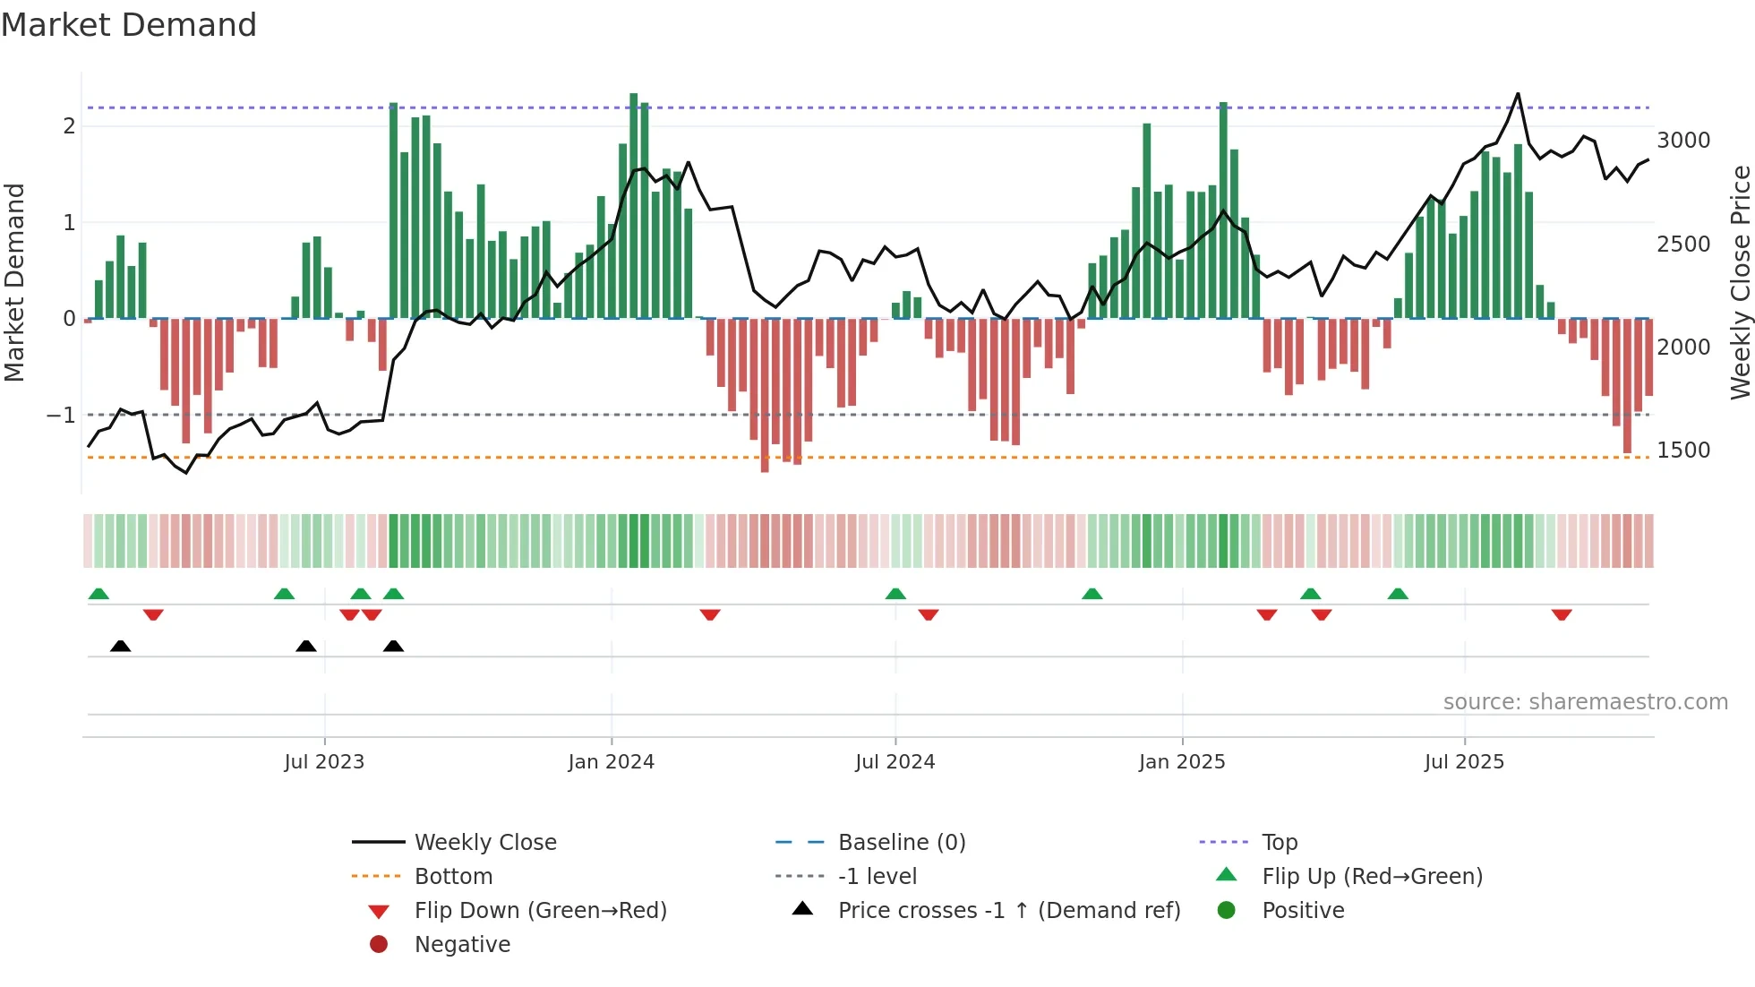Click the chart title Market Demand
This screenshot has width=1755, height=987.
point(129,25)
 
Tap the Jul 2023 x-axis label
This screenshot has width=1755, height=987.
point(324,762)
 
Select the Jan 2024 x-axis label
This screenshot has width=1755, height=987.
point(612,762)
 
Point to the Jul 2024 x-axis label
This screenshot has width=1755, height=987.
point(895,762)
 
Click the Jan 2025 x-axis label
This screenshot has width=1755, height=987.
point(1182,762)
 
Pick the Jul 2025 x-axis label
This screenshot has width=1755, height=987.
point(1464,762)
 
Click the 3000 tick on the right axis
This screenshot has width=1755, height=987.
point(1683,141)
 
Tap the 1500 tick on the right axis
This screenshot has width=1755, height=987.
point(1683,451)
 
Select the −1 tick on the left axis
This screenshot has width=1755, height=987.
point(61,416)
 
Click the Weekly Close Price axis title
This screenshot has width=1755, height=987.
point(1740,282)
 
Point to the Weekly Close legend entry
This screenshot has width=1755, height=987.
point(484,843)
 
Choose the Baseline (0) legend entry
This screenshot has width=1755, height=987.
point(901,843)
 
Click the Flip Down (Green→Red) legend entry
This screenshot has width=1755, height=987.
point(540,911)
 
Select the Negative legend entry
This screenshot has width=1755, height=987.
point(462,945)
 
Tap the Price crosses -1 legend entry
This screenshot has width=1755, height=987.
point(1008,911)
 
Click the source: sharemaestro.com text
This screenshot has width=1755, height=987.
point(1585,702)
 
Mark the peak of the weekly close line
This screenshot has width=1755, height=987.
point(1518,94)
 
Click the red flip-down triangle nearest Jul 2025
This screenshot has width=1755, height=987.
point(1562,615)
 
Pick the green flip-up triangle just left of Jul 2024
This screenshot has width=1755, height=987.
point(895,594)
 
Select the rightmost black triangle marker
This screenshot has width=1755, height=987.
point(393,646)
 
